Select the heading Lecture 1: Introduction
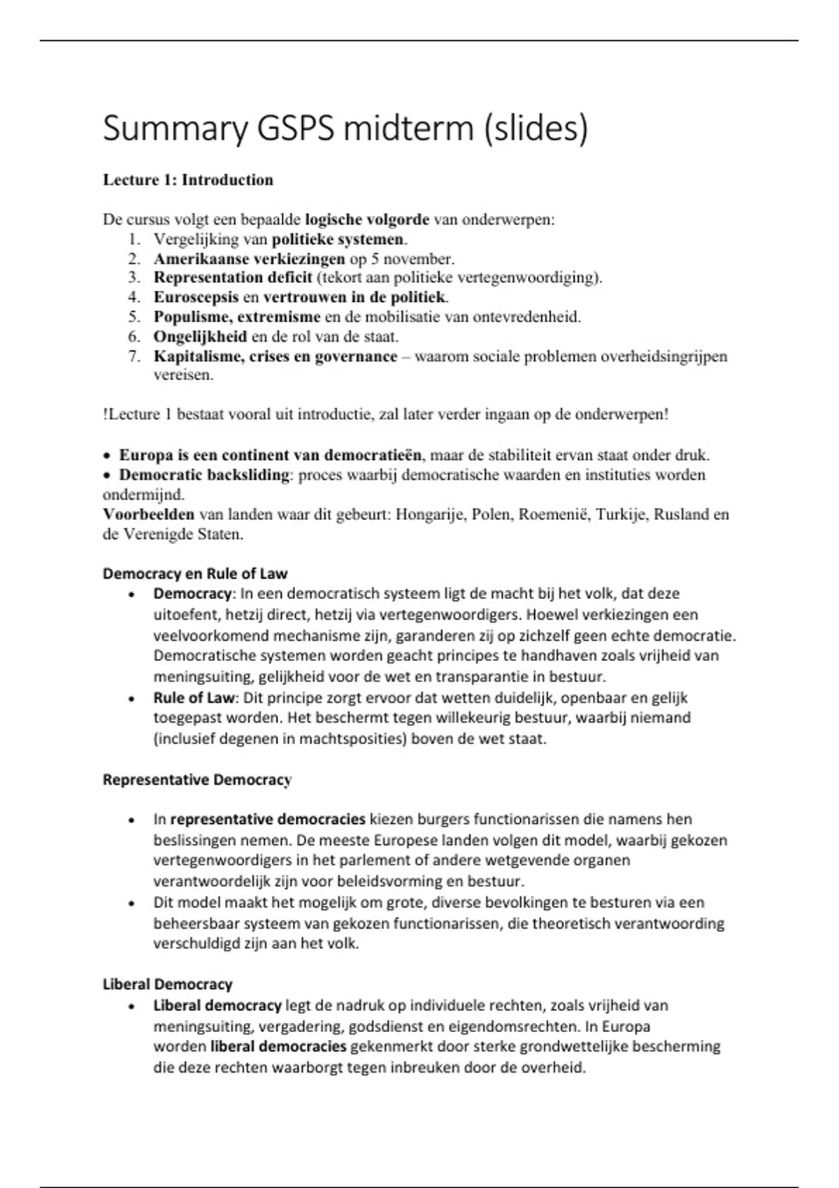tap(187, 180)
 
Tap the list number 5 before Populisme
tap(134, 317)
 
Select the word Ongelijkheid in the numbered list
tap(200, 337)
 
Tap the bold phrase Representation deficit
tap(233, 278)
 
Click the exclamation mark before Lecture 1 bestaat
tap(105, 414)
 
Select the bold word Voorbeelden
tap(148, 515)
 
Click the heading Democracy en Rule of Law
tap(195, 574)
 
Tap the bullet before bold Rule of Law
tap(131, 699)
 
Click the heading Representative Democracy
tap(196, 780)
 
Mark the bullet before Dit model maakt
tap(131, 904)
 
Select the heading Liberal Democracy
tap(167, 985)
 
